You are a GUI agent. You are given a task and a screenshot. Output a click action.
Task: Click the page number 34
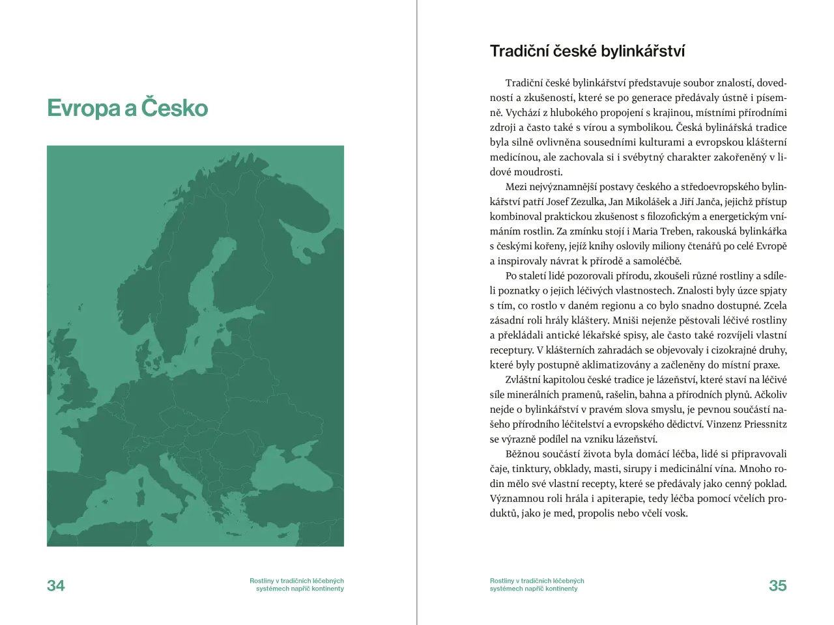56,585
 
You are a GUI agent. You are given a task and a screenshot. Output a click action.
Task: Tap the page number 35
777,585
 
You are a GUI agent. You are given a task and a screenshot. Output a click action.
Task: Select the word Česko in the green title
175,107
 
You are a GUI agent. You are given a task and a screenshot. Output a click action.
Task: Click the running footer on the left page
297,585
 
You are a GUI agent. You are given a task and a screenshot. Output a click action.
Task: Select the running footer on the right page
536,585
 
